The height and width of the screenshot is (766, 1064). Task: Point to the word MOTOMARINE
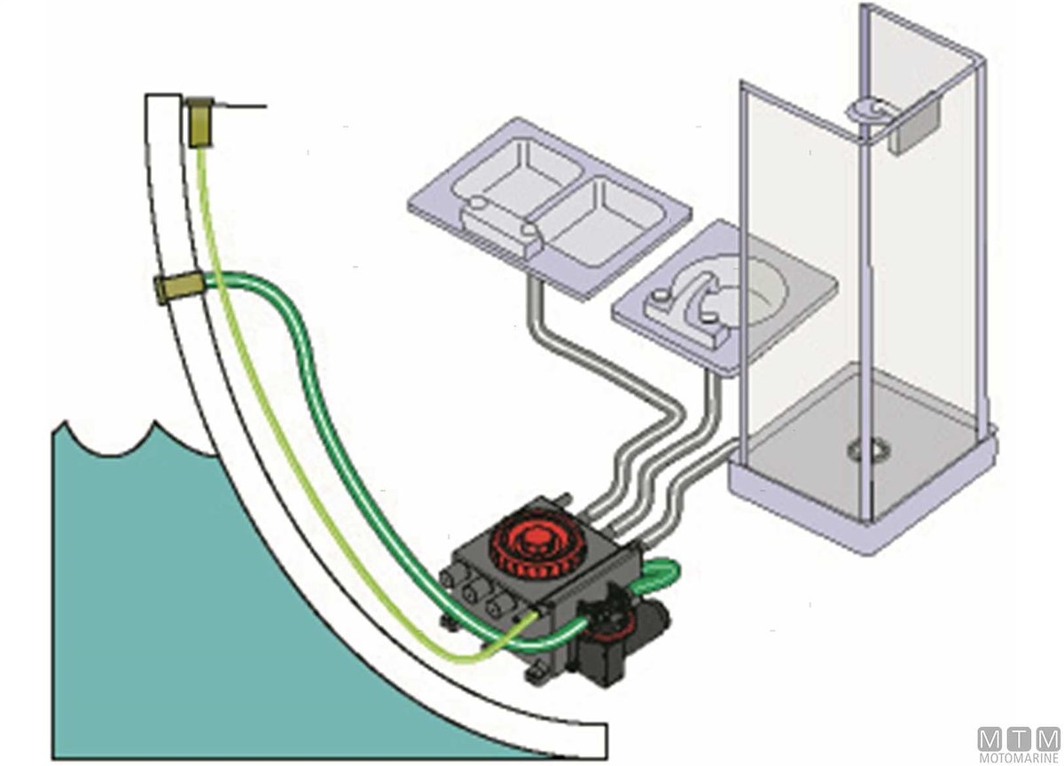point(1019,758)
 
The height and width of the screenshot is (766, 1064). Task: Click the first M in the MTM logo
point(990,739)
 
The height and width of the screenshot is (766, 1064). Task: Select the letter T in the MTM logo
point(1019,739)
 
